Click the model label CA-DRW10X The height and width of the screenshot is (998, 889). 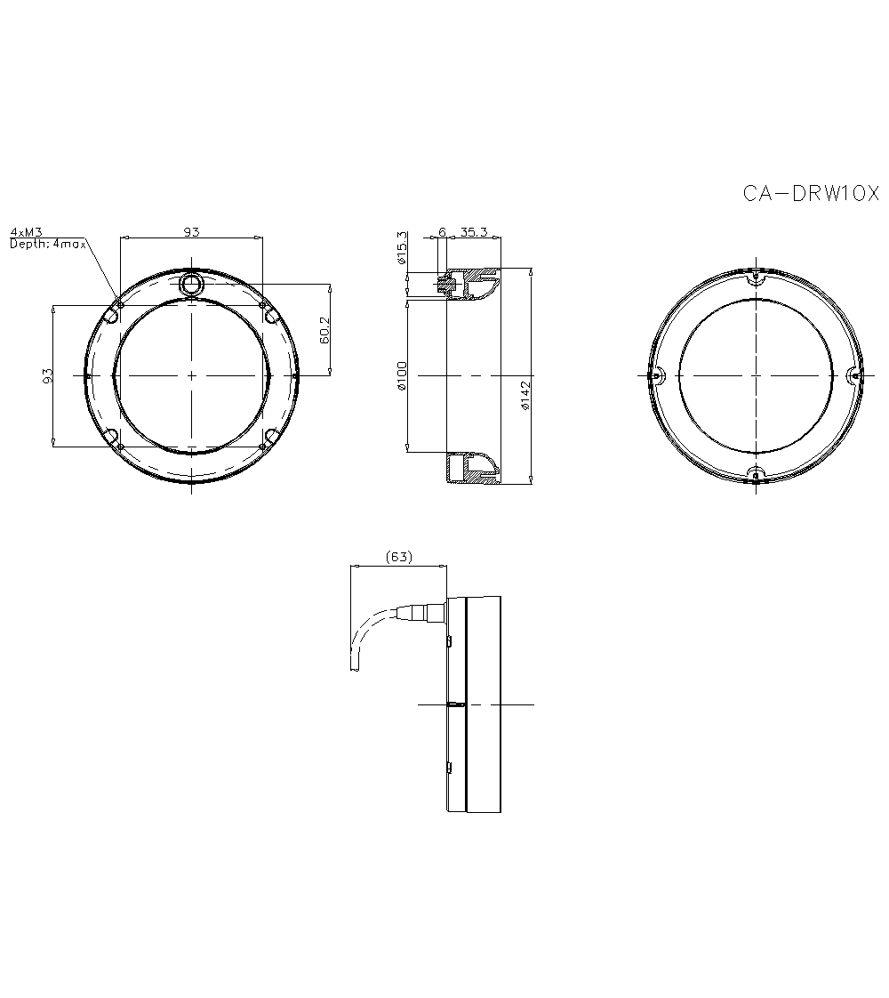coord(810,193)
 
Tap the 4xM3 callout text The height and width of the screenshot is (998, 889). coord(27,232)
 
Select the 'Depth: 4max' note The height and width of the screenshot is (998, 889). coord(47,244)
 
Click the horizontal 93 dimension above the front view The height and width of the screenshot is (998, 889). coord(191,231)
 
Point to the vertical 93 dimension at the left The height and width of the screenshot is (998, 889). coord(50,374)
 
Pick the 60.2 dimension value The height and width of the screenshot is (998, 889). coord(324,330)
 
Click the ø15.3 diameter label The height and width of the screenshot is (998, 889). coord(402,248)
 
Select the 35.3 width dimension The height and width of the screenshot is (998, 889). coord(474,231)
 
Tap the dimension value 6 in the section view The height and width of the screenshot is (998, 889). coord(442,231)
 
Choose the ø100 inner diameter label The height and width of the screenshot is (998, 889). coord(402,374)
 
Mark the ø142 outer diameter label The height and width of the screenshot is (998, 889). coord(525,395)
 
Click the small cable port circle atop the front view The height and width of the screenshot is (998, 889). coord(191,285)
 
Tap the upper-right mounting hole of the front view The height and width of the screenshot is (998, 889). coord(268,313)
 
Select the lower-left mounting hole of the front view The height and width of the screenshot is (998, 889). coord(114,437)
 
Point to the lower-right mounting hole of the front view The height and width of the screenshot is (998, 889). coord(268,437)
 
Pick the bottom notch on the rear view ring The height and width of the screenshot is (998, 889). coord(755,474)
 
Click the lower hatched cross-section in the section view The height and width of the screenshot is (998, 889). coord(471,469)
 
